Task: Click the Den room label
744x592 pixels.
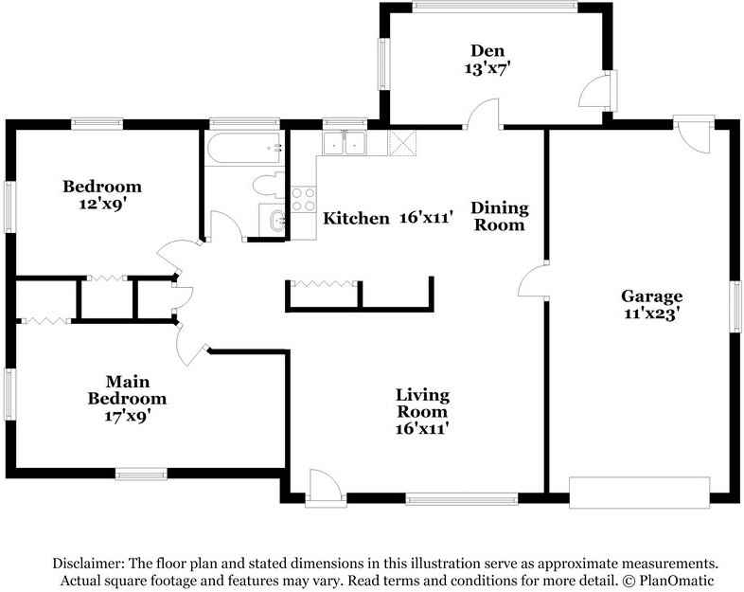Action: pyautogui.click(x=487, y=50)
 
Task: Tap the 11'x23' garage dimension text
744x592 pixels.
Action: pyautogui.click(x=651, y=314)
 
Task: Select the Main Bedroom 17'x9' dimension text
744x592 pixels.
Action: pyautogui.click(x=128, y=417)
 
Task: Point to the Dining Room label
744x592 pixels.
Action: pyautogui.click(x=500, y=216)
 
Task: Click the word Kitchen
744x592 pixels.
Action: pyautogui.click(x=356, y=219)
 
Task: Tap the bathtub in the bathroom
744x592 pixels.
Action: pyautogui.click(x=244, y=148)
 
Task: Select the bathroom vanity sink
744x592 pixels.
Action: pyautogui.click(x=273, y=220)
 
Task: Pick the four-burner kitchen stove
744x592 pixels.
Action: pyautogui.click(x=303, y=200)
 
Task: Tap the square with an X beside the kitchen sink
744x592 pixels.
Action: pyautogui.click(x=402, y=143)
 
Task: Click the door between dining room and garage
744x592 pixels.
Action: pyautogui.click(x=532, y=280)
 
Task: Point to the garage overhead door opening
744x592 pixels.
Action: pyautogui.click(x=640, y=493)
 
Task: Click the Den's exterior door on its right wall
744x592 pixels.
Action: pyautogui.click(x=597, y=91)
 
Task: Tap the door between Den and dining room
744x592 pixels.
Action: pyautogui.click(x=483, y=114)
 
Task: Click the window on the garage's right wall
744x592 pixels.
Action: pyautogui.click(x=735, y=306)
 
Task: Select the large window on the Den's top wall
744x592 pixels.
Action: pyautogui.click(x=494, y=6)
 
